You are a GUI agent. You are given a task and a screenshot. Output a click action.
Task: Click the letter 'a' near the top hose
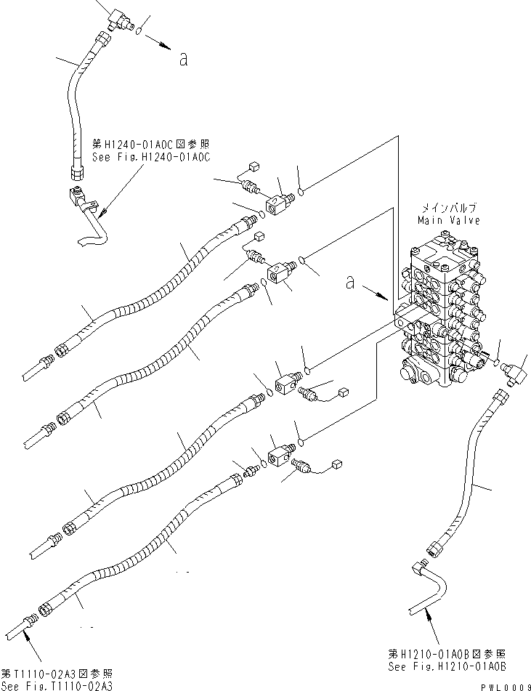[x=183, y=60]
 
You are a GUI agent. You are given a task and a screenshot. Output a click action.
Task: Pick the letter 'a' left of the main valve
[x=350, y=282]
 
